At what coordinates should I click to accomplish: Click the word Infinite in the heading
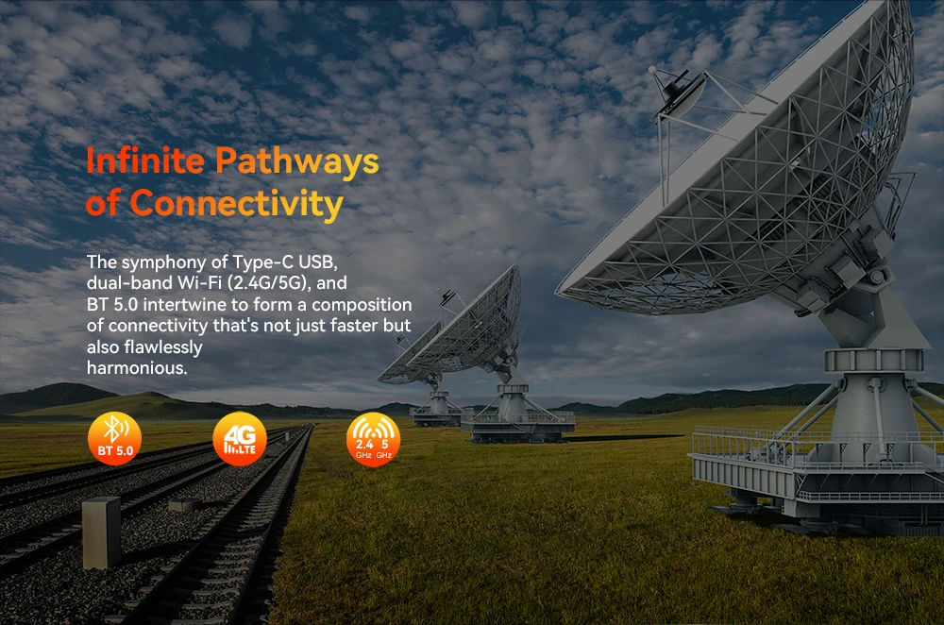pyautogui.click(x=145, y=161)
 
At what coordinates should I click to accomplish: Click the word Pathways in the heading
pyautogui.click(x=297, y=162)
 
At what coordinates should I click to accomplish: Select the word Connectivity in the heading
pyautogui.click(x=237, y=204)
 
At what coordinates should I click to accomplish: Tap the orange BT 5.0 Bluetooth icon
pyautogui.click(x=114, y=438)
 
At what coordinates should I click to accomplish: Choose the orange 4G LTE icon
pyautogui.click(x=240, y=439)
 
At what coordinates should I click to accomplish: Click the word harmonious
pyautogui.click(x=137, y=368)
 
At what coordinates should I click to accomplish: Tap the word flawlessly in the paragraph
pyautogui.click(x=162, y=347)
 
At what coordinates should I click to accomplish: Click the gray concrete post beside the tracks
pyautogui.click(x=101, y=532)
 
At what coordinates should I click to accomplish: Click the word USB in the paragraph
pyautogui.click(x=316, y=262)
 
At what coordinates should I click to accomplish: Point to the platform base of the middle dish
pyautogui.click(x=517, y=426)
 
